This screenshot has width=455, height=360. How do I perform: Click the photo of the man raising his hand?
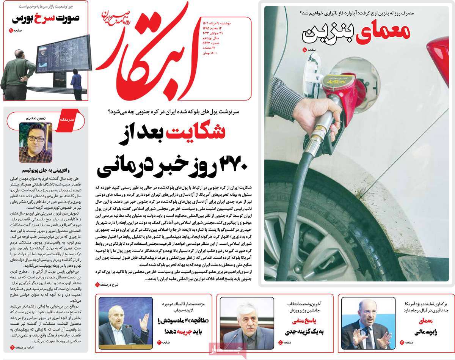coord(126,323)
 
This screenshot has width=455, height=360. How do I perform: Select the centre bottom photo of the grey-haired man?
coord(246,323)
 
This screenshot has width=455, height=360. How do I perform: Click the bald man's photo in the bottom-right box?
coord(366,323)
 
